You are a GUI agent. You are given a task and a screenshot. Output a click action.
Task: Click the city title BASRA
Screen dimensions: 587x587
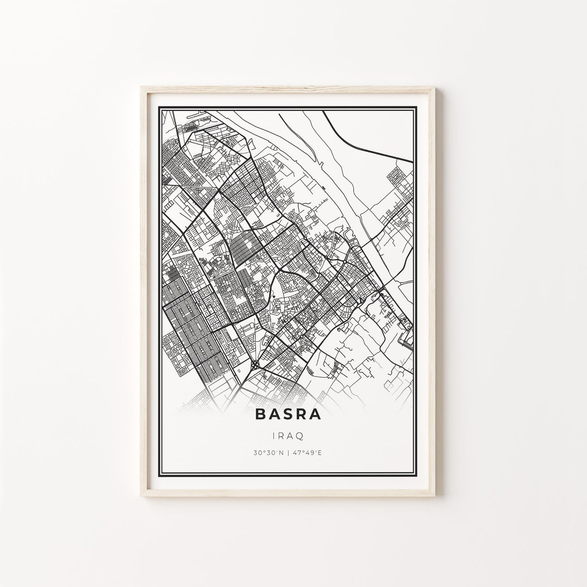pos(288,415)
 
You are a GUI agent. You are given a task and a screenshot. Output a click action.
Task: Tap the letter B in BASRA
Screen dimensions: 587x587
pos(261,415)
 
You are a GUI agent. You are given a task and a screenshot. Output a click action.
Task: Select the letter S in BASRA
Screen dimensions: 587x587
pos(288,415)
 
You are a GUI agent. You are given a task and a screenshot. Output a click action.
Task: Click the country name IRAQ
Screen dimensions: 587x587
pos(288,436)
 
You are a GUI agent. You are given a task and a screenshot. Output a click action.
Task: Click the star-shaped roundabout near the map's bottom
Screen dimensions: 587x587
pos(256,366)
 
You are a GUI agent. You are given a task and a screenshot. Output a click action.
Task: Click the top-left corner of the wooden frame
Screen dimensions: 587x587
pos(141,87)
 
